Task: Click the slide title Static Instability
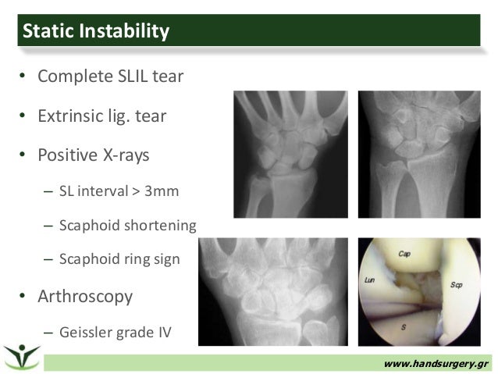pos(96,31)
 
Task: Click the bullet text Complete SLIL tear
pos(111,78)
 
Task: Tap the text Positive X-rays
pos(94,155)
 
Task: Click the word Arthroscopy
pos(86,297)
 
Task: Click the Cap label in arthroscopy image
pos(404,254)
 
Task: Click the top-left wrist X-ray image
pos(290,154)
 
